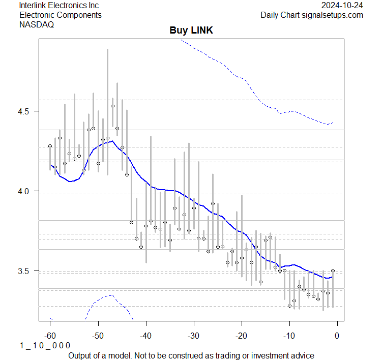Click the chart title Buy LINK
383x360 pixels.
(x=191, y=31)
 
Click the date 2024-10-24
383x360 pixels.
(x=343, y=5)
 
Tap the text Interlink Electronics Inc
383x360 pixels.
(x=59, y=5)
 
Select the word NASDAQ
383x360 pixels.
(x=37, y=24)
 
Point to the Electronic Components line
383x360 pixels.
(x=61, y=15)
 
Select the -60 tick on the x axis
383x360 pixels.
(x=50, y=335)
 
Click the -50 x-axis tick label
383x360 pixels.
(x=98, y=335)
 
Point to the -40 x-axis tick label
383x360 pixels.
(x=145, y=335)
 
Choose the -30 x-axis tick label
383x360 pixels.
(x=193, y=335)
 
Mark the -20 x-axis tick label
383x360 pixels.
(x=241, y=335)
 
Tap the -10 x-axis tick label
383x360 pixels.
(x=289, y=335)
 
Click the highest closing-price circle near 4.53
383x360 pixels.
(x=112, y=106)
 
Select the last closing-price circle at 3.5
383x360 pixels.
(x=333, y=271)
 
